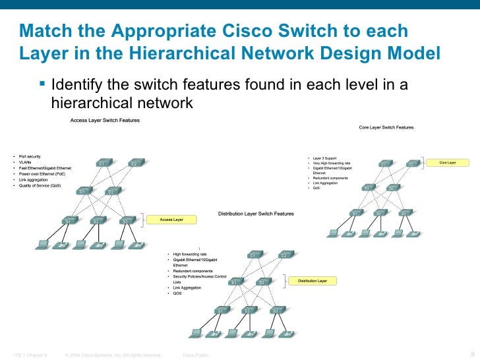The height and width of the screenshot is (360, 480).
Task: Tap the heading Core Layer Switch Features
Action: (x=386, y=127)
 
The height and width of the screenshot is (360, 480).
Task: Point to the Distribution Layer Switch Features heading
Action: (x=256, y=214)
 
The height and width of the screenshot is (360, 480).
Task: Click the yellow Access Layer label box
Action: (x=171, y=219)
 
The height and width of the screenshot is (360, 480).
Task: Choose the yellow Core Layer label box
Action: (x=448, y=162)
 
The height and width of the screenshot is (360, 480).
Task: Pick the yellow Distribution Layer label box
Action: (x=313, y=281)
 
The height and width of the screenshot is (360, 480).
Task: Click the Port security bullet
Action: (x=30, y=156)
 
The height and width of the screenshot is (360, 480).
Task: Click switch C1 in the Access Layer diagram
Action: (x=102, y=163)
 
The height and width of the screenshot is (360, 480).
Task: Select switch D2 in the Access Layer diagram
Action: (x=111, y=191)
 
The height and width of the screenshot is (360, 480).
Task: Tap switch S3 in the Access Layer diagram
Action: (x=124, y=221)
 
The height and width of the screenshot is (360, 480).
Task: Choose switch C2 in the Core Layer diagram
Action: (x=411, y=163)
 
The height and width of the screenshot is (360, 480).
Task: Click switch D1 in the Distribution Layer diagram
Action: (x=235, y=282)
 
